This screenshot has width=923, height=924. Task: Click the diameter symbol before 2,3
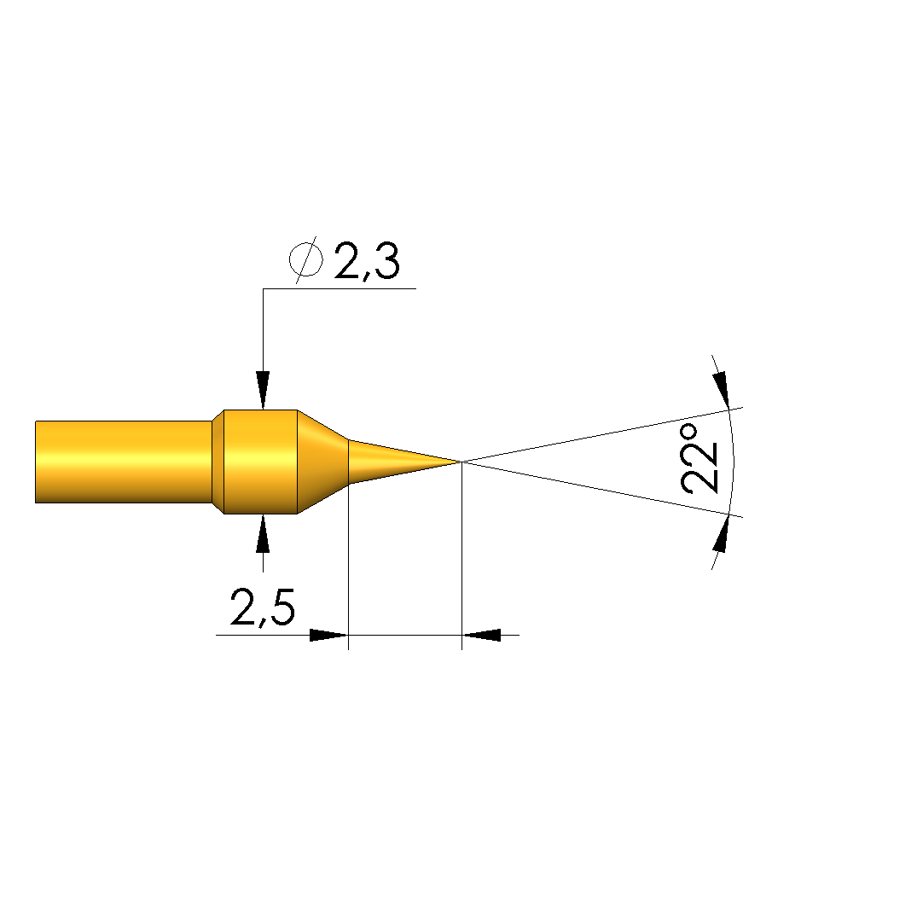point(306,259)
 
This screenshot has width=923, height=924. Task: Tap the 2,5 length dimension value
point(262,607)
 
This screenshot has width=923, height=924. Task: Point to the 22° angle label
point(700,458)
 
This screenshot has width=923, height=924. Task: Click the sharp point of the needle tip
point(461,462)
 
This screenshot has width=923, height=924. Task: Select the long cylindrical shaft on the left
point(124,462)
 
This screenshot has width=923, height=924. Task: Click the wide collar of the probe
point(260,462)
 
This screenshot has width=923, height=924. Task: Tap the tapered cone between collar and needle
point(322,462)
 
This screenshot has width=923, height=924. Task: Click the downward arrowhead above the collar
point(263,390)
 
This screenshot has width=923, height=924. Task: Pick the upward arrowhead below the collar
point(263,533)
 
